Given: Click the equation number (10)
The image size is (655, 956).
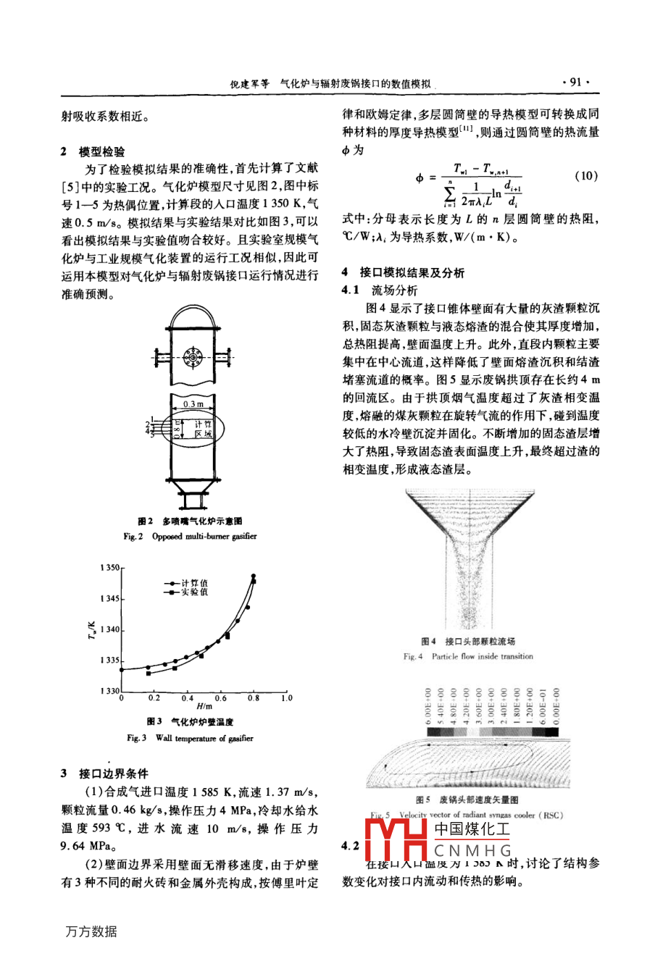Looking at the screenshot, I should [584, 176].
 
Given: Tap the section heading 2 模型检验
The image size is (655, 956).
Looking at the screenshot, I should [93, 151].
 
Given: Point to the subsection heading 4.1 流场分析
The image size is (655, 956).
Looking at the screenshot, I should [380, 290].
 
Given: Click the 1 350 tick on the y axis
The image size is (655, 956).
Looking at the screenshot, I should [109, 569].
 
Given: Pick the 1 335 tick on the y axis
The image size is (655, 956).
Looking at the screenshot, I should [109, 661].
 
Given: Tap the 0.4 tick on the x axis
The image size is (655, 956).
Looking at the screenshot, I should [188, 699].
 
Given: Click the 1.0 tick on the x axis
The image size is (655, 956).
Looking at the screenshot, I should [286, 699].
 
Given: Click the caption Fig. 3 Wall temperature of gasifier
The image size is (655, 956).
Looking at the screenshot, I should [190, 739].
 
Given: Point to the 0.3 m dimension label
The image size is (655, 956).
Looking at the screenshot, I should [193, 403].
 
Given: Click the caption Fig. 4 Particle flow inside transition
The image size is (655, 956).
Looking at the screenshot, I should [467, 657].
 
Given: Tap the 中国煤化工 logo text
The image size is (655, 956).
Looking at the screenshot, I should [472, 830].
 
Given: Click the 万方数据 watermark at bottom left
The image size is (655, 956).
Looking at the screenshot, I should [91, 932].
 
